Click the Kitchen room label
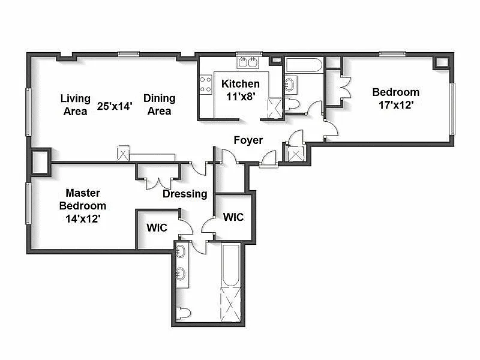pyautogui.click(x=241, y=84)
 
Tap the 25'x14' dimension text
pyautogui.click(x=115, y=105)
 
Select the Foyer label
pyautogui.click(x=248, y=140)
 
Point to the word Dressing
pyautogui.click(x=185, y=194)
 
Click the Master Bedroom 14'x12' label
pyautogui.click(x=83, y=206)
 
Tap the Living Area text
pyautogui.click(x=76, y=104)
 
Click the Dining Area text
pyautogui.click(x=159, y=104)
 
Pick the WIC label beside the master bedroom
pyautogui.click(x=157, y=228)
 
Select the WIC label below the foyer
pyautogui.click(x=233, y=217)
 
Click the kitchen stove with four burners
pyautogui.click(x=206, y=84)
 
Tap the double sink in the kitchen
pyautogui.click(x=247, y=62)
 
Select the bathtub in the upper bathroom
pyautogui.click(x=304, y=64)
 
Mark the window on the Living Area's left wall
pyautogui.click(x=28, y=112)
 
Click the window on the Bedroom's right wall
pyautogui.click(x=452, y=109)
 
